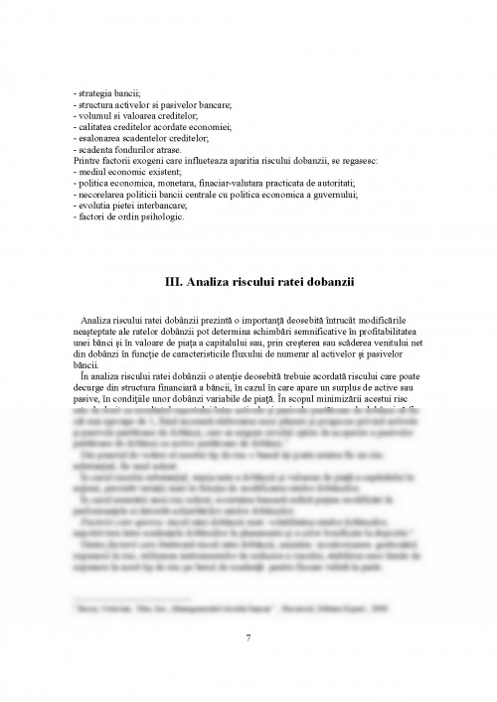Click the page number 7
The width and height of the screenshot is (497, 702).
click(248, 637)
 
